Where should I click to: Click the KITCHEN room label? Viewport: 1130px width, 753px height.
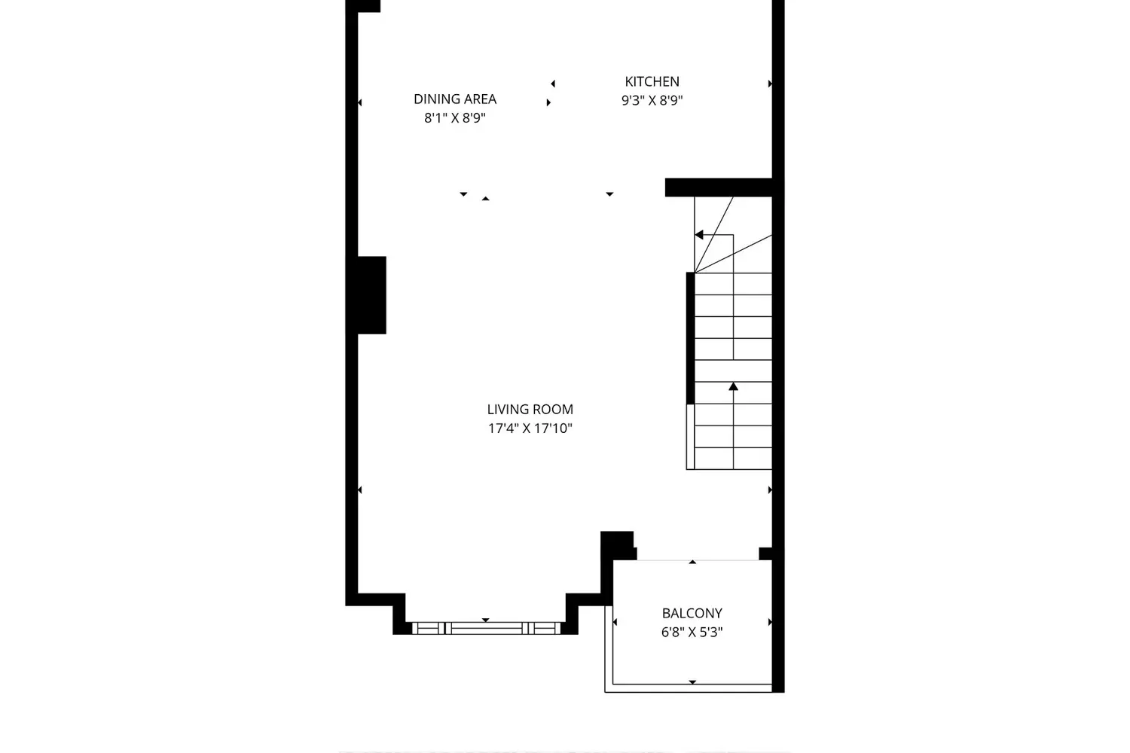tap(652, 81)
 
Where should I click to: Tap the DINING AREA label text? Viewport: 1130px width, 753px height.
tap(455, 99)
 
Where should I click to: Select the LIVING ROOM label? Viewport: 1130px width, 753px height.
tap(530, 409)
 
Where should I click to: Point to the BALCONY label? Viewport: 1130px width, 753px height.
tap(692, 613)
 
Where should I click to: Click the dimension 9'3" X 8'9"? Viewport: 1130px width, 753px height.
tap(652, 100)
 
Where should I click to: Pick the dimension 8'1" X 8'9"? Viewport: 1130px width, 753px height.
tap(455, 118)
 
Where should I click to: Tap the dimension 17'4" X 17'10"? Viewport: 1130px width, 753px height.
tap(530, 428)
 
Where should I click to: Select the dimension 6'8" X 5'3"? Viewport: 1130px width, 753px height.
tap(692, 632)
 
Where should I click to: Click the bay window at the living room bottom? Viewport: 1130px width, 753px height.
tap(487, 628)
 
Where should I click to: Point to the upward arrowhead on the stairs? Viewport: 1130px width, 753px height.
tap(734, 386)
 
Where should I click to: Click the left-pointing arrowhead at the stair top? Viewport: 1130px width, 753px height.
tap(698, 235)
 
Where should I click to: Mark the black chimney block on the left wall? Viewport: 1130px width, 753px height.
tap(372, 295)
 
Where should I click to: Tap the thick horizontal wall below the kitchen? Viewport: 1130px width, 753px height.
tap(719, 187)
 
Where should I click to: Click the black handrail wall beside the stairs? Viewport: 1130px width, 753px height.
tap(690, 338)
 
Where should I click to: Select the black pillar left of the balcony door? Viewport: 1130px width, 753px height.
tap(618, 546)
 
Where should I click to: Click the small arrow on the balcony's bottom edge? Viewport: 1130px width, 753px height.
tap(692, 682)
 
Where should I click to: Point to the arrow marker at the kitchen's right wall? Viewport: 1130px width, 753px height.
tap(770, 84)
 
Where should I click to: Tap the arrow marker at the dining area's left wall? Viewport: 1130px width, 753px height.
tap(359, 102)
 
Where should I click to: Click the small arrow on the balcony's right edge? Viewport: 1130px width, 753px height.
tap(770, 622)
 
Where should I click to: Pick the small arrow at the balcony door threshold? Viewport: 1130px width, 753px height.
tap(692, 562)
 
